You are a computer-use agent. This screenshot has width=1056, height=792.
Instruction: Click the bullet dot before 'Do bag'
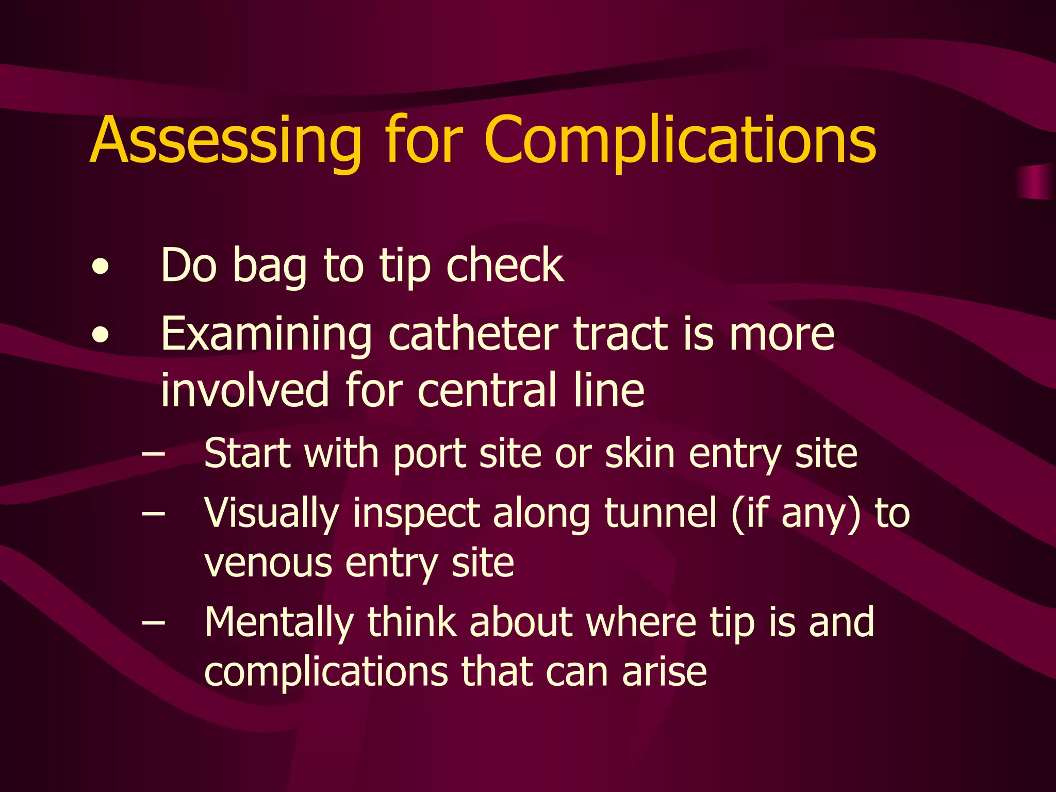tap(101, 267)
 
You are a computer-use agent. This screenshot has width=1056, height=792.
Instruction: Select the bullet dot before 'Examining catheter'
tap(101, 336)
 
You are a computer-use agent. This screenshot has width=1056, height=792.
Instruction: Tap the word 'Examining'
tap(266, 335)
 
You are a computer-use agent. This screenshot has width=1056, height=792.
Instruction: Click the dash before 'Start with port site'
tap(154, 454)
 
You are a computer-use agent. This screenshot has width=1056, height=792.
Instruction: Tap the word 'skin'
tap(639, 454)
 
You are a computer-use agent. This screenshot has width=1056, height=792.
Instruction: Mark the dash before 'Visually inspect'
tap(154, 514)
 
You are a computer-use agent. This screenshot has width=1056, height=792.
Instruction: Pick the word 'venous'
tap(268, 563)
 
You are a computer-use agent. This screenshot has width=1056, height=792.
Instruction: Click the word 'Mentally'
tap(279, 623)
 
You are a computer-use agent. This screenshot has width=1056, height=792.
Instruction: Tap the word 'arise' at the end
tap(665, 672)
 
